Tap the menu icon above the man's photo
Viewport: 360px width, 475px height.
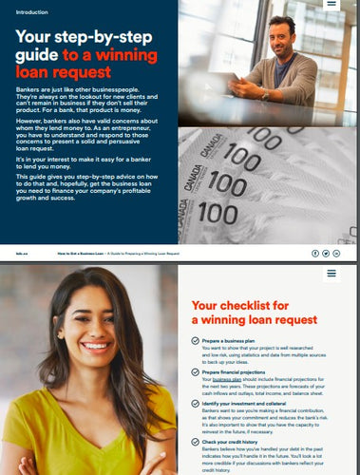coord(331,5)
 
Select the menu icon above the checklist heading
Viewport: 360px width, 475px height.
coord(331,274)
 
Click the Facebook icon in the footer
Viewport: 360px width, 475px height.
coord(315,254)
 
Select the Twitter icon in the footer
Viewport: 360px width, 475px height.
coord(325,254)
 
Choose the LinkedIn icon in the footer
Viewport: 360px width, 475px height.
coord(335,254)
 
